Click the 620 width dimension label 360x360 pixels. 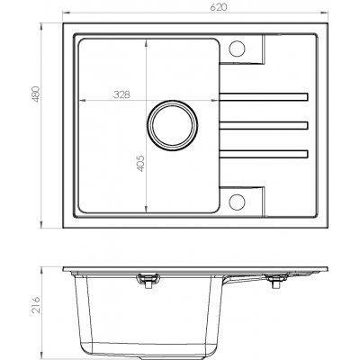[219, 7]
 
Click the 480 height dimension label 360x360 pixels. [36, 94]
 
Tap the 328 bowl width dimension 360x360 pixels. [121, 94]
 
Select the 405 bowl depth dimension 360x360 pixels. [140, 164]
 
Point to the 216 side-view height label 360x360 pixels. [36, 305]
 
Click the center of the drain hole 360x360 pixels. [172, 125]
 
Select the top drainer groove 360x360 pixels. [264, 97]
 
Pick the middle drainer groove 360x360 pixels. [264, 125]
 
